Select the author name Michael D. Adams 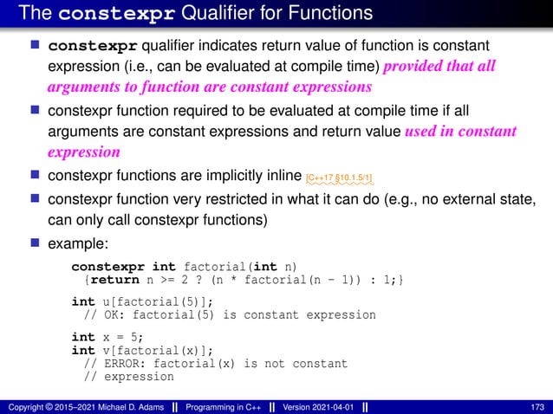[x=136, y=405]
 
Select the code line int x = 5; [x=106, y=337]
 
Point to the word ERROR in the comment [x=122, y=364]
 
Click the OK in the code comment [x=111, y=315]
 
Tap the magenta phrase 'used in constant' [x=460, y=132]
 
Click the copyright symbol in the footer [x=49, y=405]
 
